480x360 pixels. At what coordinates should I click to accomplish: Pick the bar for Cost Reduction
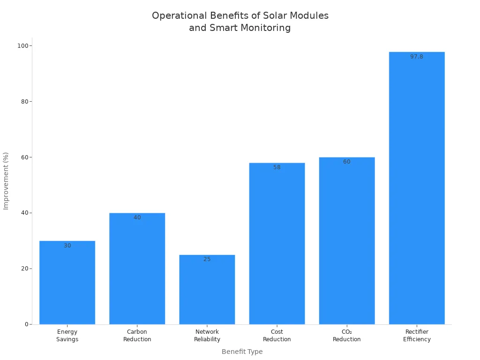[277, 244]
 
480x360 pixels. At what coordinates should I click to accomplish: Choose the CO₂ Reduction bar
[347, 241]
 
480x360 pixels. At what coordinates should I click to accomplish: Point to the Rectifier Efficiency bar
[417, 188]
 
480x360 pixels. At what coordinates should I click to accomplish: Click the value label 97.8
[417, 57]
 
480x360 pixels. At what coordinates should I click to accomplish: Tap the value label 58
[277, 167]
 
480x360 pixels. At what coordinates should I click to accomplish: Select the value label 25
[207, 259]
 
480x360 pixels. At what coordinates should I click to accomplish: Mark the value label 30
[67, 246]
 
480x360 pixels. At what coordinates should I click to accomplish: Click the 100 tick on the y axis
[22, 46]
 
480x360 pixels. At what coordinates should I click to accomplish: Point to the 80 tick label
[24, 102]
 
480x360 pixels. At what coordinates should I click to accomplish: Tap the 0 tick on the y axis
[26, 324]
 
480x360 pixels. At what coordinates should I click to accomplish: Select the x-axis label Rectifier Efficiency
[417, 336]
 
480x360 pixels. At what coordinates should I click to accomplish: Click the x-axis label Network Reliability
[207, 336]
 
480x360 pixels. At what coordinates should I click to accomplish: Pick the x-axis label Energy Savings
[67, 336]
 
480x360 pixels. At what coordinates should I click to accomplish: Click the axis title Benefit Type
[242, 352]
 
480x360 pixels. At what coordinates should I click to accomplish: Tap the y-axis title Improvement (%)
[6, 181]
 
